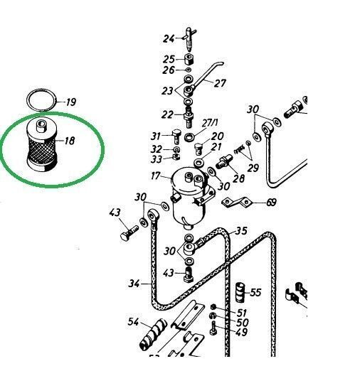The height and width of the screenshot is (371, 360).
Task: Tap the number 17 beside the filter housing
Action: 156,176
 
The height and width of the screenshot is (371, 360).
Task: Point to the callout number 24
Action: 169,38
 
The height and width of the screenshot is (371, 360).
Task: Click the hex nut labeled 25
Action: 189,58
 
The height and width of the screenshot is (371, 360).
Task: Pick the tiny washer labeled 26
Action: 189,70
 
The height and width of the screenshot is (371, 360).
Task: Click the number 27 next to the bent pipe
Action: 220,83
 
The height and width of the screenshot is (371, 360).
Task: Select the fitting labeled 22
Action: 189,117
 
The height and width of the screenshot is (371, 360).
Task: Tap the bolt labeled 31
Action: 176,136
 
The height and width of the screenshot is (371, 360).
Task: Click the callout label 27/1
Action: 210,123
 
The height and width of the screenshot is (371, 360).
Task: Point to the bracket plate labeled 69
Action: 236,203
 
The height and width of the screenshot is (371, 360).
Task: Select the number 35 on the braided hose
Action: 241,230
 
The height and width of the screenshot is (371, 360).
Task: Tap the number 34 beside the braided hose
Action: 134,284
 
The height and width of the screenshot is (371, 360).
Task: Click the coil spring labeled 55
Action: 241,293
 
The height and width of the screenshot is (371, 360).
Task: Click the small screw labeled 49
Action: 213,328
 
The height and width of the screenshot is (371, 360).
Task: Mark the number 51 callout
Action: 242,313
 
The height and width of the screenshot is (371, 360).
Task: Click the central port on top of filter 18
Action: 40,126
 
